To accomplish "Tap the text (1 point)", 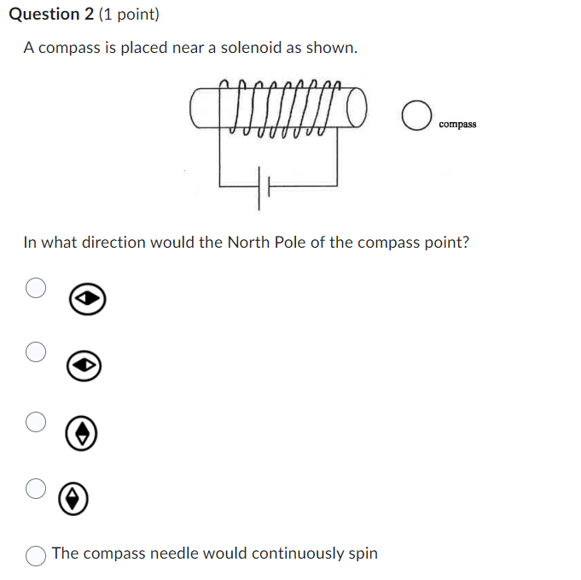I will (x=129, y=15).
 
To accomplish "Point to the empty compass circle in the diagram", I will (x=415, y=117).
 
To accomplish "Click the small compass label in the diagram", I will (x=457, y=125).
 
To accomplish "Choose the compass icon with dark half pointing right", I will (x=89, y=299).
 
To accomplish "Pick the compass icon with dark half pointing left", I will (x=85, y=366).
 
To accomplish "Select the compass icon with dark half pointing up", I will (x=81, y=434).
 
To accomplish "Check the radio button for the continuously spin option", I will (x=35, y=555).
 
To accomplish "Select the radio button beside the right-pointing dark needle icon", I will (x=35, y=288).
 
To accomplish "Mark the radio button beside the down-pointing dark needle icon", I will (x=35, y=488).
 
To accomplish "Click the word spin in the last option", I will (x=363, y=554).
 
